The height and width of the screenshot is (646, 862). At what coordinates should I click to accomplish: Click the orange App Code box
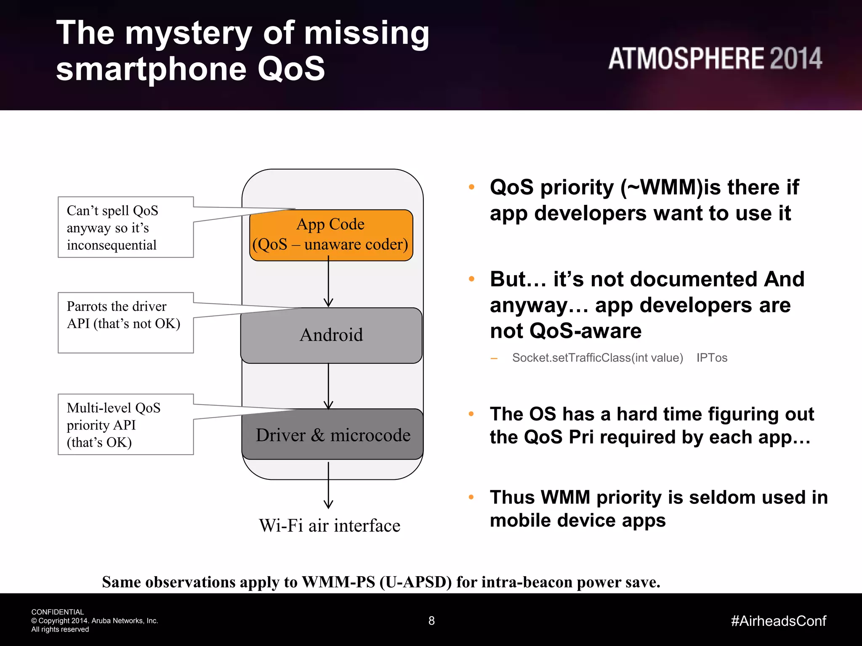[331, 235]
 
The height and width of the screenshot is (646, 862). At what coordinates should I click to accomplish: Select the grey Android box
[331, 335]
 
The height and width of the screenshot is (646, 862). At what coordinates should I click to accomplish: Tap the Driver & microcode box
[333, 434]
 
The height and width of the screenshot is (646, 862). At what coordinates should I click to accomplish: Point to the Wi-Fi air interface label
[330, 526]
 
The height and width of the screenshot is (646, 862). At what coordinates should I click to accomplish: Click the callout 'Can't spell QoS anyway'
[125, 227]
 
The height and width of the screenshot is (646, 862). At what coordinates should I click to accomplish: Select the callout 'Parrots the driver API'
[125, 322]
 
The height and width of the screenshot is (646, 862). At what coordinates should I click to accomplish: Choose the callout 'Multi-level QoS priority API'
[125, 424]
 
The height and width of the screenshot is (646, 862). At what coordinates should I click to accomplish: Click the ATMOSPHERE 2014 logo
[715, 58]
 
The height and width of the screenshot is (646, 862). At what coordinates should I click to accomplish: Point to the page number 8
[431, 620]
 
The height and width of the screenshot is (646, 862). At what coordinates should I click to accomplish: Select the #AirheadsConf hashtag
[779, 621]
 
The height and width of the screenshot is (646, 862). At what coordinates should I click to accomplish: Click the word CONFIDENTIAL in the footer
[58, 612]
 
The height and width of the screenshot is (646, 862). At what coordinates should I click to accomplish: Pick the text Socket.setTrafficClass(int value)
[597, 357]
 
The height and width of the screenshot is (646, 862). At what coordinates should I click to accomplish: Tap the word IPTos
[712, 357]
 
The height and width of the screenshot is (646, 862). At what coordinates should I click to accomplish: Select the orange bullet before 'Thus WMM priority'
[471, 497]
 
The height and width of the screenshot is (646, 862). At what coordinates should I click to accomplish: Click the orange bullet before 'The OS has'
[471, 414]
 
